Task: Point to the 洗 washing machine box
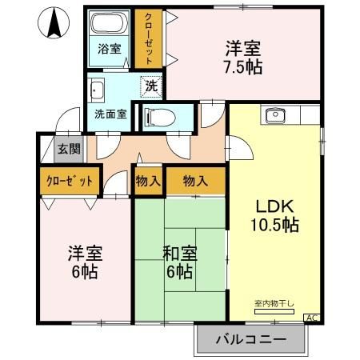pyautogui.click(x=150, y=84)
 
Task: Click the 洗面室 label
pyautogui.click(x=110, y=114)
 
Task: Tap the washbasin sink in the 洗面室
pyautogui.click(x=98, y=89)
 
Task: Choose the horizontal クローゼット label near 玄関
pyautogui.click(x=70, y=181)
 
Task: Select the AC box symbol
pyautogui.click(x=311, y=318)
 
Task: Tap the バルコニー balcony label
pyautogui.click(x=250, y=340)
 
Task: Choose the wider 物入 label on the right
pyautogui.click(x=195, y=181)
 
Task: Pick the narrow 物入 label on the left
pyautogui.click(x=148, y=181)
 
